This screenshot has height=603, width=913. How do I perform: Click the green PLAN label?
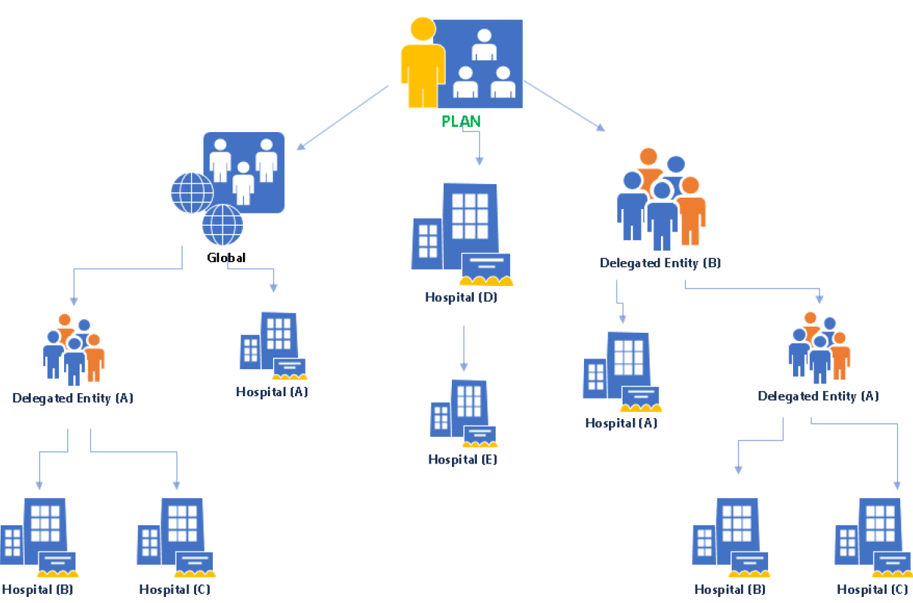[x=461, y=121]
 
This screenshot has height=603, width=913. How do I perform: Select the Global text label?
[x=226, y=257]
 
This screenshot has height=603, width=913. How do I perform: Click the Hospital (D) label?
[x=461, y=297]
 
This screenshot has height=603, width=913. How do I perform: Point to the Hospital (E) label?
[x=463, y=459]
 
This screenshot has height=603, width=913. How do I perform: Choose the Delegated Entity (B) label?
[x=660, y=263]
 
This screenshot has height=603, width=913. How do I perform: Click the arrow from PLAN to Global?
[x=343, y=117]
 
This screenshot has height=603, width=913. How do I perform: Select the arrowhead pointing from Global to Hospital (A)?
[x=273, y=287]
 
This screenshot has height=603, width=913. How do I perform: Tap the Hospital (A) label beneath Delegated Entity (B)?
[x=621, y=423]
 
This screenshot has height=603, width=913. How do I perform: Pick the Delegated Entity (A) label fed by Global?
[x=72, y=398]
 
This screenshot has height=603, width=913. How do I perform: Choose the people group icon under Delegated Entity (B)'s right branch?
[x=819, y=347]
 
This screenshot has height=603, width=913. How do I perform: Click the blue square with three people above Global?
[x=243, y=171]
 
